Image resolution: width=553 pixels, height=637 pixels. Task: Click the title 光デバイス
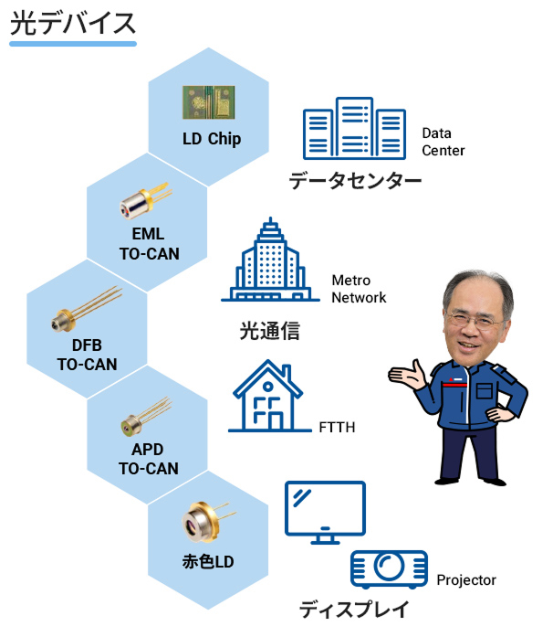(x=73, y=23)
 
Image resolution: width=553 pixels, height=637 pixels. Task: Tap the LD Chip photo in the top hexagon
(x=207, y=103)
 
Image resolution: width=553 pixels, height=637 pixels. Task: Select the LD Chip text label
(x=212, y=140)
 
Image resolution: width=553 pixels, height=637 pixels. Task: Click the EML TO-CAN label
(x=149, y=243)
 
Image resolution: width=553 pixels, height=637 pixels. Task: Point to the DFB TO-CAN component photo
(x=88, y=309)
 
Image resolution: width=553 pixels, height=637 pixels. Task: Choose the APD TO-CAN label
(x=149, y=460)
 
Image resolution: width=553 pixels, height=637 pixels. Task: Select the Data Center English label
(x=443, y=142)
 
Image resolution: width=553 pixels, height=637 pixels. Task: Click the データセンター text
(x=355, y=181)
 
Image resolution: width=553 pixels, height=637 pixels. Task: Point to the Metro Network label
(x=359, y=289)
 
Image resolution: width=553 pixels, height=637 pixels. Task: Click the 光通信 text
(x=269, y=329)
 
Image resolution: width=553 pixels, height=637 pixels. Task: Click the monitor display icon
(x=325, y=508)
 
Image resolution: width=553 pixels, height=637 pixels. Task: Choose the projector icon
(x=389, y=569)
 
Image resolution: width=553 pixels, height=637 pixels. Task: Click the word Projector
(x=466, y=579)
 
